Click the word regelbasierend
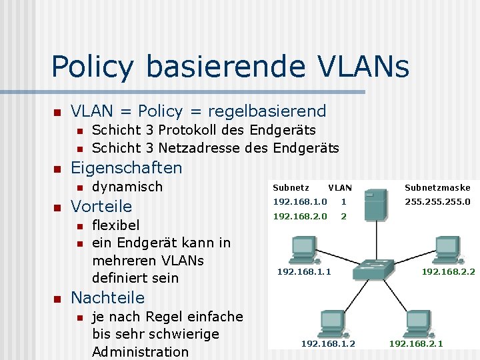click(267, 111)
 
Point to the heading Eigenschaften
click(126, 167)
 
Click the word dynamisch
click(127, 187)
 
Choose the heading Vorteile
click(101, 206)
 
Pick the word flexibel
click(115, 225)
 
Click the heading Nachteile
click(107, 297)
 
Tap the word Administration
click(140, 351)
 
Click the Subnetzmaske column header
click(437, 187)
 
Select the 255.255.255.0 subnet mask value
click(437, 201)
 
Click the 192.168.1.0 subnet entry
click(300, 201)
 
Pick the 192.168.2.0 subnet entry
click(300, 217)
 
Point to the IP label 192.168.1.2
click(328, 343)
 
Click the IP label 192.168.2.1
click(416, 343)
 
